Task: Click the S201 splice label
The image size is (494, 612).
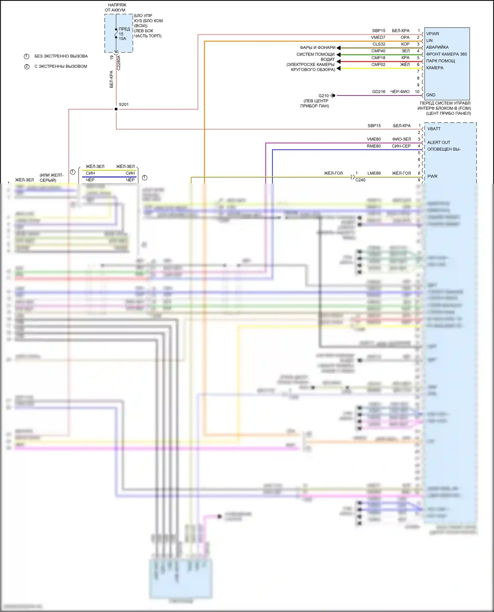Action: [124, 105]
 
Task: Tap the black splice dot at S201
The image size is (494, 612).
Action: [116, 109]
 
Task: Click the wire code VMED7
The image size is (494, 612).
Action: [378, 37]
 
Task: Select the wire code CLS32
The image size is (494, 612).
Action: [379, 44]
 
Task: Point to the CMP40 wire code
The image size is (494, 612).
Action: [378, 51]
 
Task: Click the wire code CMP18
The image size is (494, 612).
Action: [378, 58]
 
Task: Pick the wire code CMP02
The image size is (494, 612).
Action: [378, 65]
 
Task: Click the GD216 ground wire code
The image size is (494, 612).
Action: [379, 92]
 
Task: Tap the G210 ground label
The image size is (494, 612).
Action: [323, 96]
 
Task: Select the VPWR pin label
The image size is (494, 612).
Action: [433, 34]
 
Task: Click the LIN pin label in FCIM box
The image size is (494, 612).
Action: [429, 41]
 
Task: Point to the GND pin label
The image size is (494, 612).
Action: [431, 95]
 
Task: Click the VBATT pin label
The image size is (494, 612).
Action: [434, 129]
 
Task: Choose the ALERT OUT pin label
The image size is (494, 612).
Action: [439, 142]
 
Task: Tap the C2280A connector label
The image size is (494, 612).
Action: [119, 63]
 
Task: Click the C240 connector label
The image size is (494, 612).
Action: [360, 180]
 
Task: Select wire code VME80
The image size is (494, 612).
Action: [374, 139]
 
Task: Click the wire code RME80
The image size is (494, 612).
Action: [374, 146]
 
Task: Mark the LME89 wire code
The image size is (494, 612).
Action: [374, 173]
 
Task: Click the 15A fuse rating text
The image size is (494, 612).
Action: [123, 39]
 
